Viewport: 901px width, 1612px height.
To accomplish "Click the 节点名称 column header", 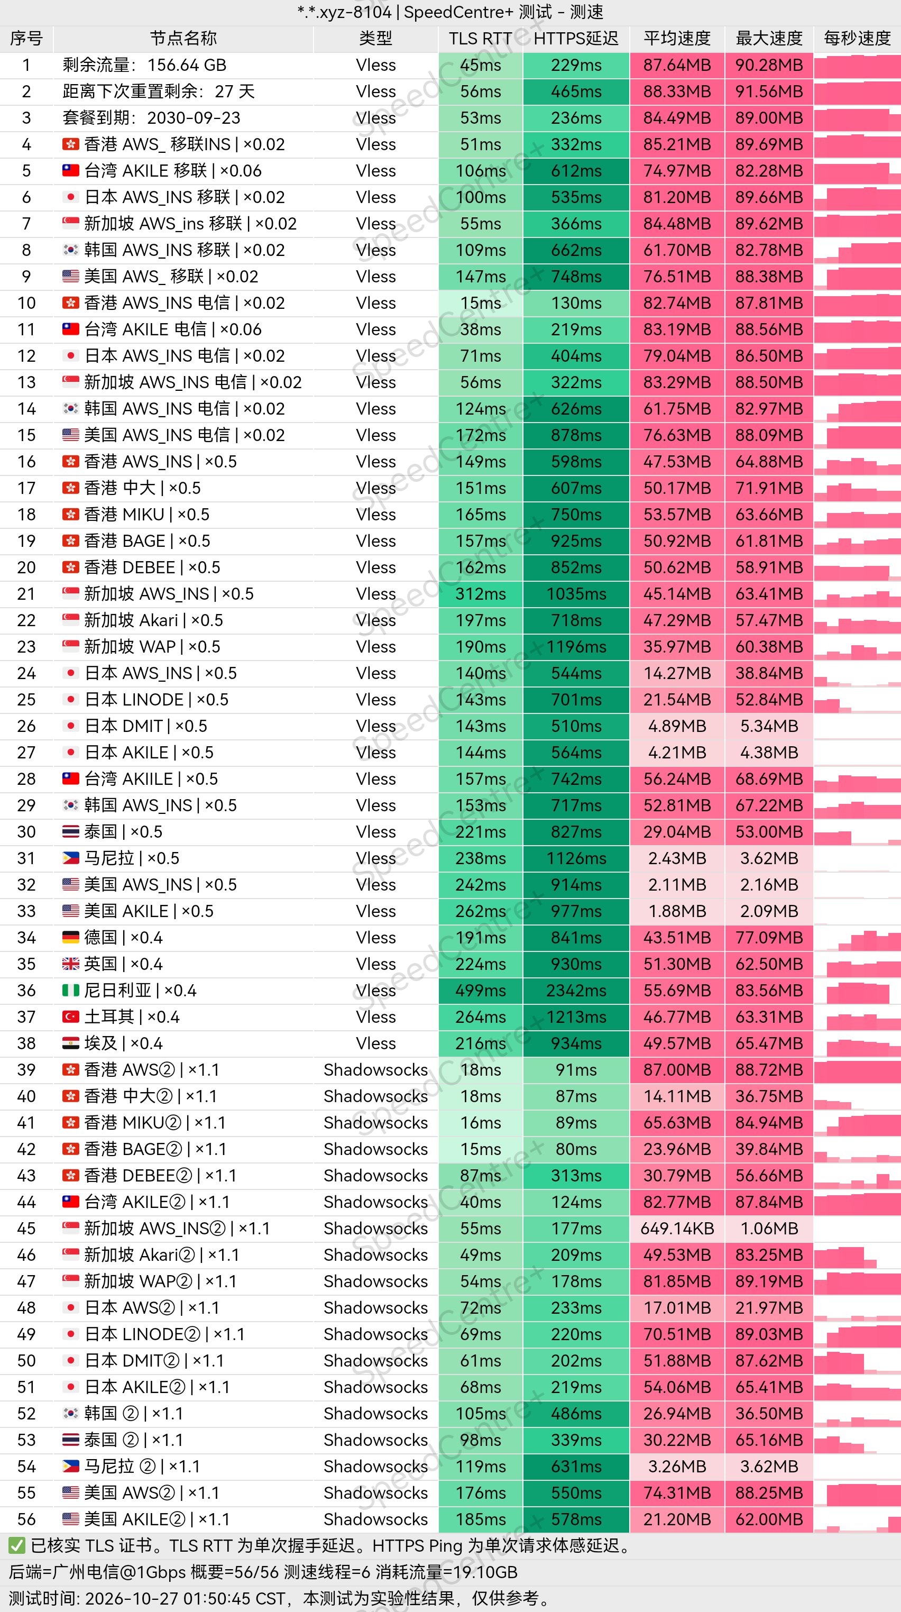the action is pyautogui.click(x=183, y=39).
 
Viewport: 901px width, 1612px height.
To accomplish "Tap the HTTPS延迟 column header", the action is pyautogui.click(x=576, y=39).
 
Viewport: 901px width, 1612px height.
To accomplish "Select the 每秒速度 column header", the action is pyautogui.click(x=857, y=39).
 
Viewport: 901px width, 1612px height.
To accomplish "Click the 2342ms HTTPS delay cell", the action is pyautogui.click(x=576, y=991).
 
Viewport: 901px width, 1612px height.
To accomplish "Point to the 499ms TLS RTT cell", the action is pyautogui.click(x=481, y=991).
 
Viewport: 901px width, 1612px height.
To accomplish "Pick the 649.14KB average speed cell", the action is pyautogui.click(x=677, y=1229).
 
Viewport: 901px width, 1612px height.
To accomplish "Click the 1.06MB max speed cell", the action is pyautogui.click(x=769, y=1229).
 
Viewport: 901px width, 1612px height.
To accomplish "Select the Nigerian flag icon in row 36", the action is pyautogui.click(x=71, y=991).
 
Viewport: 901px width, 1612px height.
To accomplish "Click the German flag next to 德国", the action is pyautogui.click(x=71, y=937).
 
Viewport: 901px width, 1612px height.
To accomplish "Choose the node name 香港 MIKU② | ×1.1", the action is pyautogui.click(x=154, y=1123).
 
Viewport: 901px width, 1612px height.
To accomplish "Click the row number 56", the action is pyautogui.click(x=26, y=1519).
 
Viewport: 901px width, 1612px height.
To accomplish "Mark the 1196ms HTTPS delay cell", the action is pyautogui.click(x=576, y=647).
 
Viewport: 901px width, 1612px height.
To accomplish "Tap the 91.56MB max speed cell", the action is pyautogui.click(x=769, y=92).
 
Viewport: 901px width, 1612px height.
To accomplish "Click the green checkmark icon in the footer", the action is pyautogui.click(x=17, y=1546).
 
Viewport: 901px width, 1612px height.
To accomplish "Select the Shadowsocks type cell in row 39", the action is pyautogui.click(x=375, y=1070).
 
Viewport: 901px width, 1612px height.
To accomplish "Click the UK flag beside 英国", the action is pyautogui.click(x=71, y=964).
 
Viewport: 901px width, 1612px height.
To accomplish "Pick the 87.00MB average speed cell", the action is pyautogui.click(x=677, y=1070).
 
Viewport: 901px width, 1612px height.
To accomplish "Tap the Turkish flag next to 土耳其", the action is pyautogui.click(x=71, y=1017).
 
